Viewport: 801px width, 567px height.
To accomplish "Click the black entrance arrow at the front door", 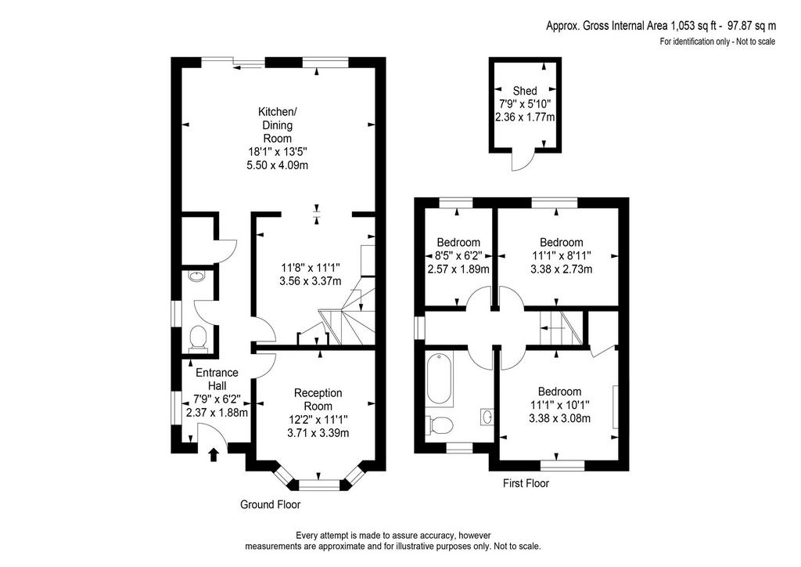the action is click(x=214, y=454).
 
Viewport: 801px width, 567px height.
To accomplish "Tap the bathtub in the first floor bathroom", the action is click(x=440, y=378).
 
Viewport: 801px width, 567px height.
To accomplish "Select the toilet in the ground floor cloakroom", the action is click(x=198, y=339).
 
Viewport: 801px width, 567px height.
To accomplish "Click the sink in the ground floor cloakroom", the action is click(x=196, y=276).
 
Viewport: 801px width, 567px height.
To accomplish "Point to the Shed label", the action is click(x=525, y=91).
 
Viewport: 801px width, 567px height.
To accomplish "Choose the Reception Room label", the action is click(x=318, y=399).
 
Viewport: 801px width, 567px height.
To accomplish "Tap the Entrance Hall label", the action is click(x=217, y=379).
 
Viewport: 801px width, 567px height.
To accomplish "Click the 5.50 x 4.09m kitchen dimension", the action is click(x=278, y=165).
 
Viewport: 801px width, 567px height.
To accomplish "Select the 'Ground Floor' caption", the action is click(x=270, y=504).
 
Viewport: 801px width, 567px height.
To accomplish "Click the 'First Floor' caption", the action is click(x=526, y=483).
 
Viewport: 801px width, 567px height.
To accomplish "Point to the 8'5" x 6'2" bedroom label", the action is click(x=458, y=255).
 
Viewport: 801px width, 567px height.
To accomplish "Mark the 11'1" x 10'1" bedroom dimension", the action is click(x=560, y=405).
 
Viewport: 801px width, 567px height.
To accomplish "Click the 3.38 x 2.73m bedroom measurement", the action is click(x=561, y=269).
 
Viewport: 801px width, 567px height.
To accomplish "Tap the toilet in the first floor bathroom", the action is click(x=440, y=424).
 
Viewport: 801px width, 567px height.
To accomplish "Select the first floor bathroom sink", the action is click(x=487, y=417).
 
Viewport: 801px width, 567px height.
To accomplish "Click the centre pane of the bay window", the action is click(x=319, y=483).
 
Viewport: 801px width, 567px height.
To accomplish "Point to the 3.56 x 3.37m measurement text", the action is click(x=310, y=280).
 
